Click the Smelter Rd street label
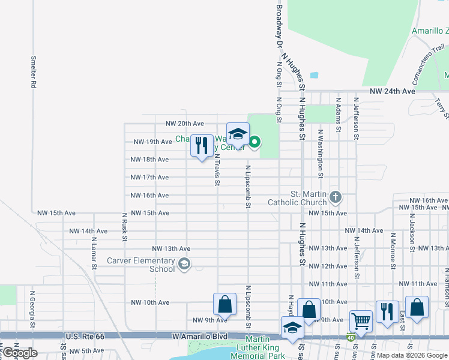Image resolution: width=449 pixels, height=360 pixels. (x=34, y=73)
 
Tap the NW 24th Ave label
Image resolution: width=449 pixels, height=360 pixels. (x=393, y=91)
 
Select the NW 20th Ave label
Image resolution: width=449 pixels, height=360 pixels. (x=185, y=124)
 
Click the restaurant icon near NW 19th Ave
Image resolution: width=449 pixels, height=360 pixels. (x=202, y=145)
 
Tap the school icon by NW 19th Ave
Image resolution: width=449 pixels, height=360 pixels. (x=238, y=134)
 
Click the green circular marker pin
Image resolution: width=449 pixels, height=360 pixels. (x=255, y=142)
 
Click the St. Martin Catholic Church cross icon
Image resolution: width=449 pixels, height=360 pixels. (x=336, y=196)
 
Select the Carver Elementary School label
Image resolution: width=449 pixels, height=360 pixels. (x=141, y=265)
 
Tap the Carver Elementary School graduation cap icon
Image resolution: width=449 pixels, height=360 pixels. (x=184, y=263)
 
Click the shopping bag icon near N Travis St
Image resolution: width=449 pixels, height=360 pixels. (x=224, y=304)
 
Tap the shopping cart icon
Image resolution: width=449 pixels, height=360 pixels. (x=361, y=320)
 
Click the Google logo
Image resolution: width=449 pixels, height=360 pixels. (x=20, y=353)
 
